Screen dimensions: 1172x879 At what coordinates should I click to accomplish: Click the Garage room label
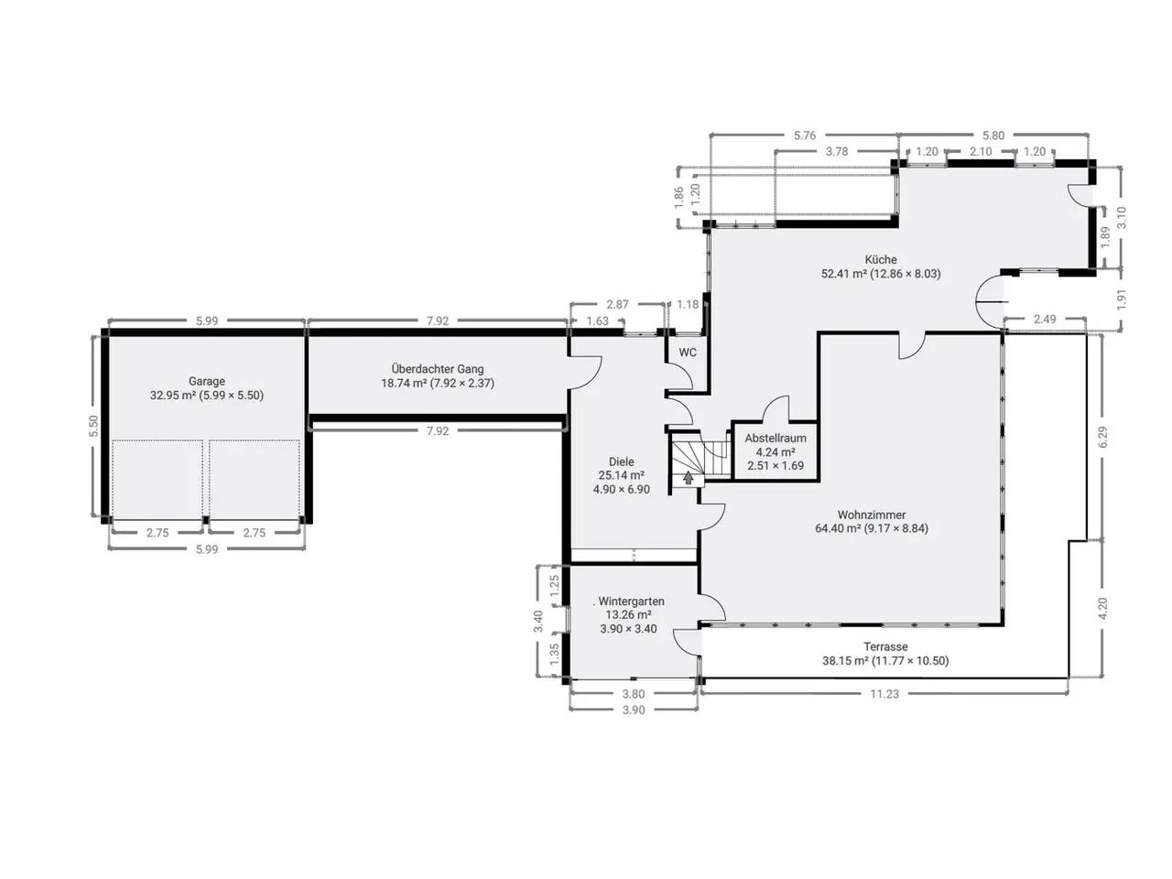pos(207,381)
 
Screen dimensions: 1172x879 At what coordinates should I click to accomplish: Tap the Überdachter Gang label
pos(438,369)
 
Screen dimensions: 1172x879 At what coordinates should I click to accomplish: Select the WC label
pos(688,353)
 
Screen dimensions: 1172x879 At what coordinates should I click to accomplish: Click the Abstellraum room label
pos(776,439)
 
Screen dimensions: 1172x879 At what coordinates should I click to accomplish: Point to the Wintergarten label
pos(631,601)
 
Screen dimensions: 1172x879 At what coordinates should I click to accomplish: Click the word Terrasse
pos(885,646)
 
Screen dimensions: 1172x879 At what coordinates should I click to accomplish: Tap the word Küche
pos(881,259)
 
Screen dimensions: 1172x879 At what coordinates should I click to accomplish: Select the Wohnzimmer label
pos(872,515)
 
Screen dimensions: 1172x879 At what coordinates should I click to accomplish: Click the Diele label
pos(622,461)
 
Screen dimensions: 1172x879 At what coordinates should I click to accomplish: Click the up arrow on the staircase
pos(689,478)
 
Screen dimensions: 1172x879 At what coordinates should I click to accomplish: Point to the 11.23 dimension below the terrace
pos(884,694)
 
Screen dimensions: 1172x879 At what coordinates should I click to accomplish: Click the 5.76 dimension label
pos(805,136)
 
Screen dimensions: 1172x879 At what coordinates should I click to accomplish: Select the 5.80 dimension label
pos(993,136)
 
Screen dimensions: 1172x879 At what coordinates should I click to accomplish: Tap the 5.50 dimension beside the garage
pos(94,426)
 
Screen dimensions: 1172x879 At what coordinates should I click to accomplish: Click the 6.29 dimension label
pos(1103,437)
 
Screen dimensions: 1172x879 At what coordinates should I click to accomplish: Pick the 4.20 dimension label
pos(1103,608)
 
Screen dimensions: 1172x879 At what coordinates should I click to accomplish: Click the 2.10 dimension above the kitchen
pos(981,152)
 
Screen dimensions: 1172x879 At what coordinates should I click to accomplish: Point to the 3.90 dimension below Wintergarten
pos(634,710)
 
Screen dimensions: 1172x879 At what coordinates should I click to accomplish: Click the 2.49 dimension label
pos(1045,320)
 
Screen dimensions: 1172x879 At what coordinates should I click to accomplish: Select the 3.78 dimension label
pos(837,152)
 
